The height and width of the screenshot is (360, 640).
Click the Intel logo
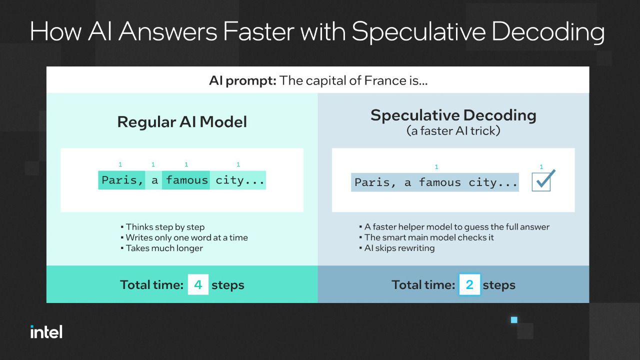pyautogui.click(x=46, y=331)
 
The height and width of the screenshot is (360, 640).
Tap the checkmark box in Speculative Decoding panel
pyautogui.click(x=541, y=182)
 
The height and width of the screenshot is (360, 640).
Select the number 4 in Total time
pyautogui.click(x=198, y=284)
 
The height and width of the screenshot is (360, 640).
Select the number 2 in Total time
pyautogui.click(x=469, y=284)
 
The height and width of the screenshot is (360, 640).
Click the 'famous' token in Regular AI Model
pyautogui.click(x=186, y=180)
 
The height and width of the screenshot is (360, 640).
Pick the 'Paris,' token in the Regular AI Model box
pyautogui.click(x=121, y=180)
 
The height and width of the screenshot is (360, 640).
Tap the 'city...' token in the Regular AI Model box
pyautogui.click(x=238, y=180)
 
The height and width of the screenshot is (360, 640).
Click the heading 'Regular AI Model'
pyautogui.click(x=182, y=122)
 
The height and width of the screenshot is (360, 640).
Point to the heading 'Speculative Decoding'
pyautogui.click(x=453, y=115)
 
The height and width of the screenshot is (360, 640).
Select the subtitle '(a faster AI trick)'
pyautogui.click(x=453, y=131)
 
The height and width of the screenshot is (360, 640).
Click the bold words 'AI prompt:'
pyautogui.click(x=242, y=80)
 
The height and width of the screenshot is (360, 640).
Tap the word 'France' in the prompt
pyautogui.click(x=385, y=80)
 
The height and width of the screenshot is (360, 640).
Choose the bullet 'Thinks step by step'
pyautogui.click(x=163, y=227)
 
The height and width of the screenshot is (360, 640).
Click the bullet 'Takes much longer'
pyautogui.click(x=161, y=248)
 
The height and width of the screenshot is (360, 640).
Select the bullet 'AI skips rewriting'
pyautogui.click(x=397, y=248)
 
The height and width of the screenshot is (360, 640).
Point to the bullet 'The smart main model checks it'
pyautogui.click(x=426, y=237)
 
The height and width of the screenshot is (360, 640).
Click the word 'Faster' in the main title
pyautogui.click(x=258, y=31)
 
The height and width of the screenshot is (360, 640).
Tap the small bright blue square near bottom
pyautogui.click(x=514, y=319)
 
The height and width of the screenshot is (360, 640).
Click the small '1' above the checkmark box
pyautogui.click(x=541, y=167)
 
